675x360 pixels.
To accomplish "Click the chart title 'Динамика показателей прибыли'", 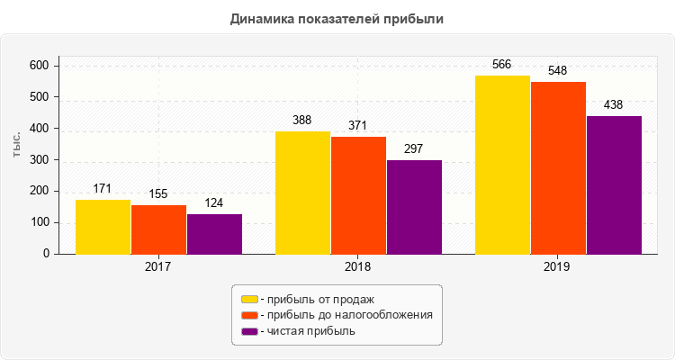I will click(x=337, y=18).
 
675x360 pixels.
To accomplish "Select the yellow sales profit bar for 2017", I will click(x=103, y=227).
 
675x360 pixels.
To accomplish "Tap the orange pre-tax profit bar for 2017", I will click(x=158, y=229).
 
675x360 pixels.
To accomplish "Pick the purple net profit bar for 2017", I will click(x=214, y=234).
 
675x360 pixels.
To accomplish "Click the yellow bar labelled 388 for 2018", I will click(x=302, y=193).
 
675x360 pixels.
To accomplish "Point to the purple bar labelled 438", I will click(x=614, y=184).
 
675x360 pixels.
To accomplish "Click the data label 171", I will click(x=103, y=188).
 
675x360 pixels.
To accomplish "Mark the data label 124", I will click(x=214, y=202).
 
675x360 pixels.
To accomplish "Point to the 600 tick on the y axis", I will click(x=39, y=65).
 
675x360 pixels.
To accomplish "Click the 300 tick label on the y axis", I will click(x=39, y=159).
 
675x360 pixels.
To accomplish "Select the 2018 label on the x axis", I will click(x=358, y=267).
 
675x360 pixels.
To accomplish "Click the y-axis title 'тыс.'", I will click(x=17, y=146).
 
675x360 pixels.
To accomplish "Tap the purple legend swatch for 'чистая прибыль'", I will click(x=249, y=331).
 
